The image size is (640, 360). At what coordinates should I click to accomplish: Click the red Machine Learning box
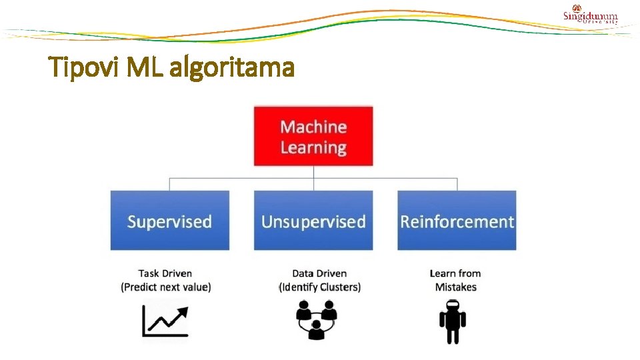click(x=313, y=136)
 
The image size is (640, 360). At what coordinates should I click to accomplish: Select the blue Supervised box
click(x=170, y=221)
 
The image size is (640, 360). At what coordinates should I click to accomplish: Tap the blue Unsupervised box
click(x=313, y=221)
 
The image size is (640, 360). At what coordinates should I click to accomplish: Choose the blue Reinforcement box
click(x=457, y=221)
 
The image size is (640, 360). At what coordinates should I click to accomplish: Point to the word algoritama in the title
click(x=232, y=67)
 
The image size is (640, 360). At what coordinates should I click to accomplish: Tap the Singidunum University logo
click(x=590, y=15)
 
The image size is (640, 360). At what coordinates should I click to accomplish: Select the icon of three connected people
click(x=316, y=319)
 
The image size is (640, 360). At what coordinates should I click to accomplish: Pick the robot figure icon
click(x=453, y=322)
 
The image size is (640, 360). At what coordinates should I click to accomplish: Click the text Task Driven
click(x=165, y=273)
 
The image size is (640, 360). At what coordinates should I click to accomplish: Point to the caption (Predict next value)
click(x=166, y=287)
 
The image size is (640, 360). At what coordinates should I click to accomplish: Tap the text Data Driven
click(x=319, y=273)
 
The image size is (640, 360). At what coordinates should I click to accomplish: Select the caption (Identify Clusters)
click(x=320, y=287)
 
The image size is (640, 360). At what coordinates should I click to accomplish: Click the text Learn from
click(x=455, y=273)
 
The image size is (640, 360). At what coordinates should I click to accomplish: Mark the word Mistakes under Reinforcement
click(x=456, y=287)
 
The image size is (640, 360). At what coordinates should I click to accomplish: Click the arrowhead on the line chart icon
click(x=182, y=312)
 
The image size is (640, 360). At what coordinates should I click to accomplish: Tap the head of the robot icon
click(x=453, y=305)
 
